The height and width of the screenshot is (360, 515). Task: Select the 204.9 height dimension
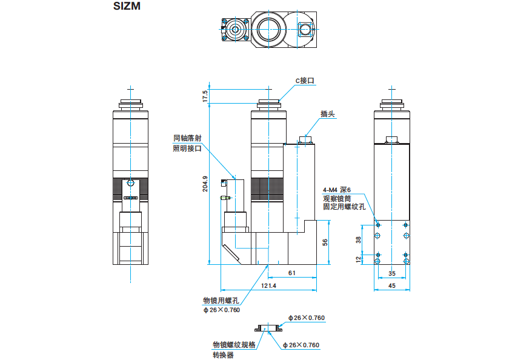pos(205,184)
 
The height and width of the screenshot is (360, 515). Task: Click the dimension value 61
pos(291,273)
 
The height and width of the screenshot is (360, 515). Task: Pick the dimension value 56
pos(325,242)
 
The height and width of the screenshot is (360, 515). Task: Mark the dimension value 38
pos(358,239)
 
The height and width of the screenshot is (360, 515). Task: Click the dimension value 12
pos(358,259)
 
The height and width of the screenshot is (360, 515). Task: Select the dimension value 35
pos(391,273)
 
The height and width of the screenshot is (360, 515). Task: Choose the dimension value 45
pos(391,285)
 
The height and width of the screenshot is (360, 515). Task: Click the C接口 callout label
pos(305,80)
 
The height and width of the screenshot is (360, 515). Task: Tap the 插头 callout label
pos(328,113)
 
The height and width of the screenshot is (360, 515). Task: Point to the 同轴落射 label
pos(187,138)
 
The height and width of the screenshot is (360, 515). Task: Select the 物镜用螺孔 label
pos(221,300)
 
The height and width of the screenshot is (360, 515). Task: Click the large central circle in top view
pos(269,27)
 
